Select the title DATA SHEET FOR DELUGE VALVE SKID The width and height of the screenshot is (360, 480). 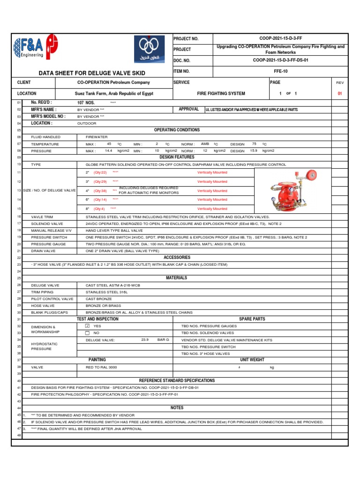point(91,73)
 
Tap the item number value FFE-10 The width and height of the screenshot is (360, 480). point(280,71)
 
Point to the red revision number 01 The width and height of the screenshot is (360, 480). point(340,93)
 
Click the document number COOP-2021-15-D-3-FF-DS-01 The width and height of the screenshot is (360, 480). point(280,60)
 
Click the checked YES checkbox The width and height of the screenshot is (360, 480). point(87,325)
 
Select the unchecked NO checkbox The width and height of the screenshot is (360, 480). point(87,332)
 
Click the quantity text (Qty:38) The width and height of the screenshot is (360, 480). point(100,191)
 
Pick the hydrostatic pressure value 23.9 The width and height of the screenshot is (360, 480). point(145,339)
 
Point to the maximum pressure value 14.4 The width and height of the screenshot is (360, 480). point(108,150)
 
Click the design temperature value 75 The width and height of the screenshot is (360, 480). point(254,144)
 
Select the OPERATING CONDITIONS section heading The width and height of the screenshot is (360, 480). point(177,130)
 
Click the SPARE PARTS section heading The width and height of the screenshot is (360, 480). point(252,319)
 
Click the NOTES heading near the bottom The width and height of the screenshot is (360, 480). point(177,408)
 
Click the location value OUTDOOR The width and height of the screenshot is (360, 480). point(87,123)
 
